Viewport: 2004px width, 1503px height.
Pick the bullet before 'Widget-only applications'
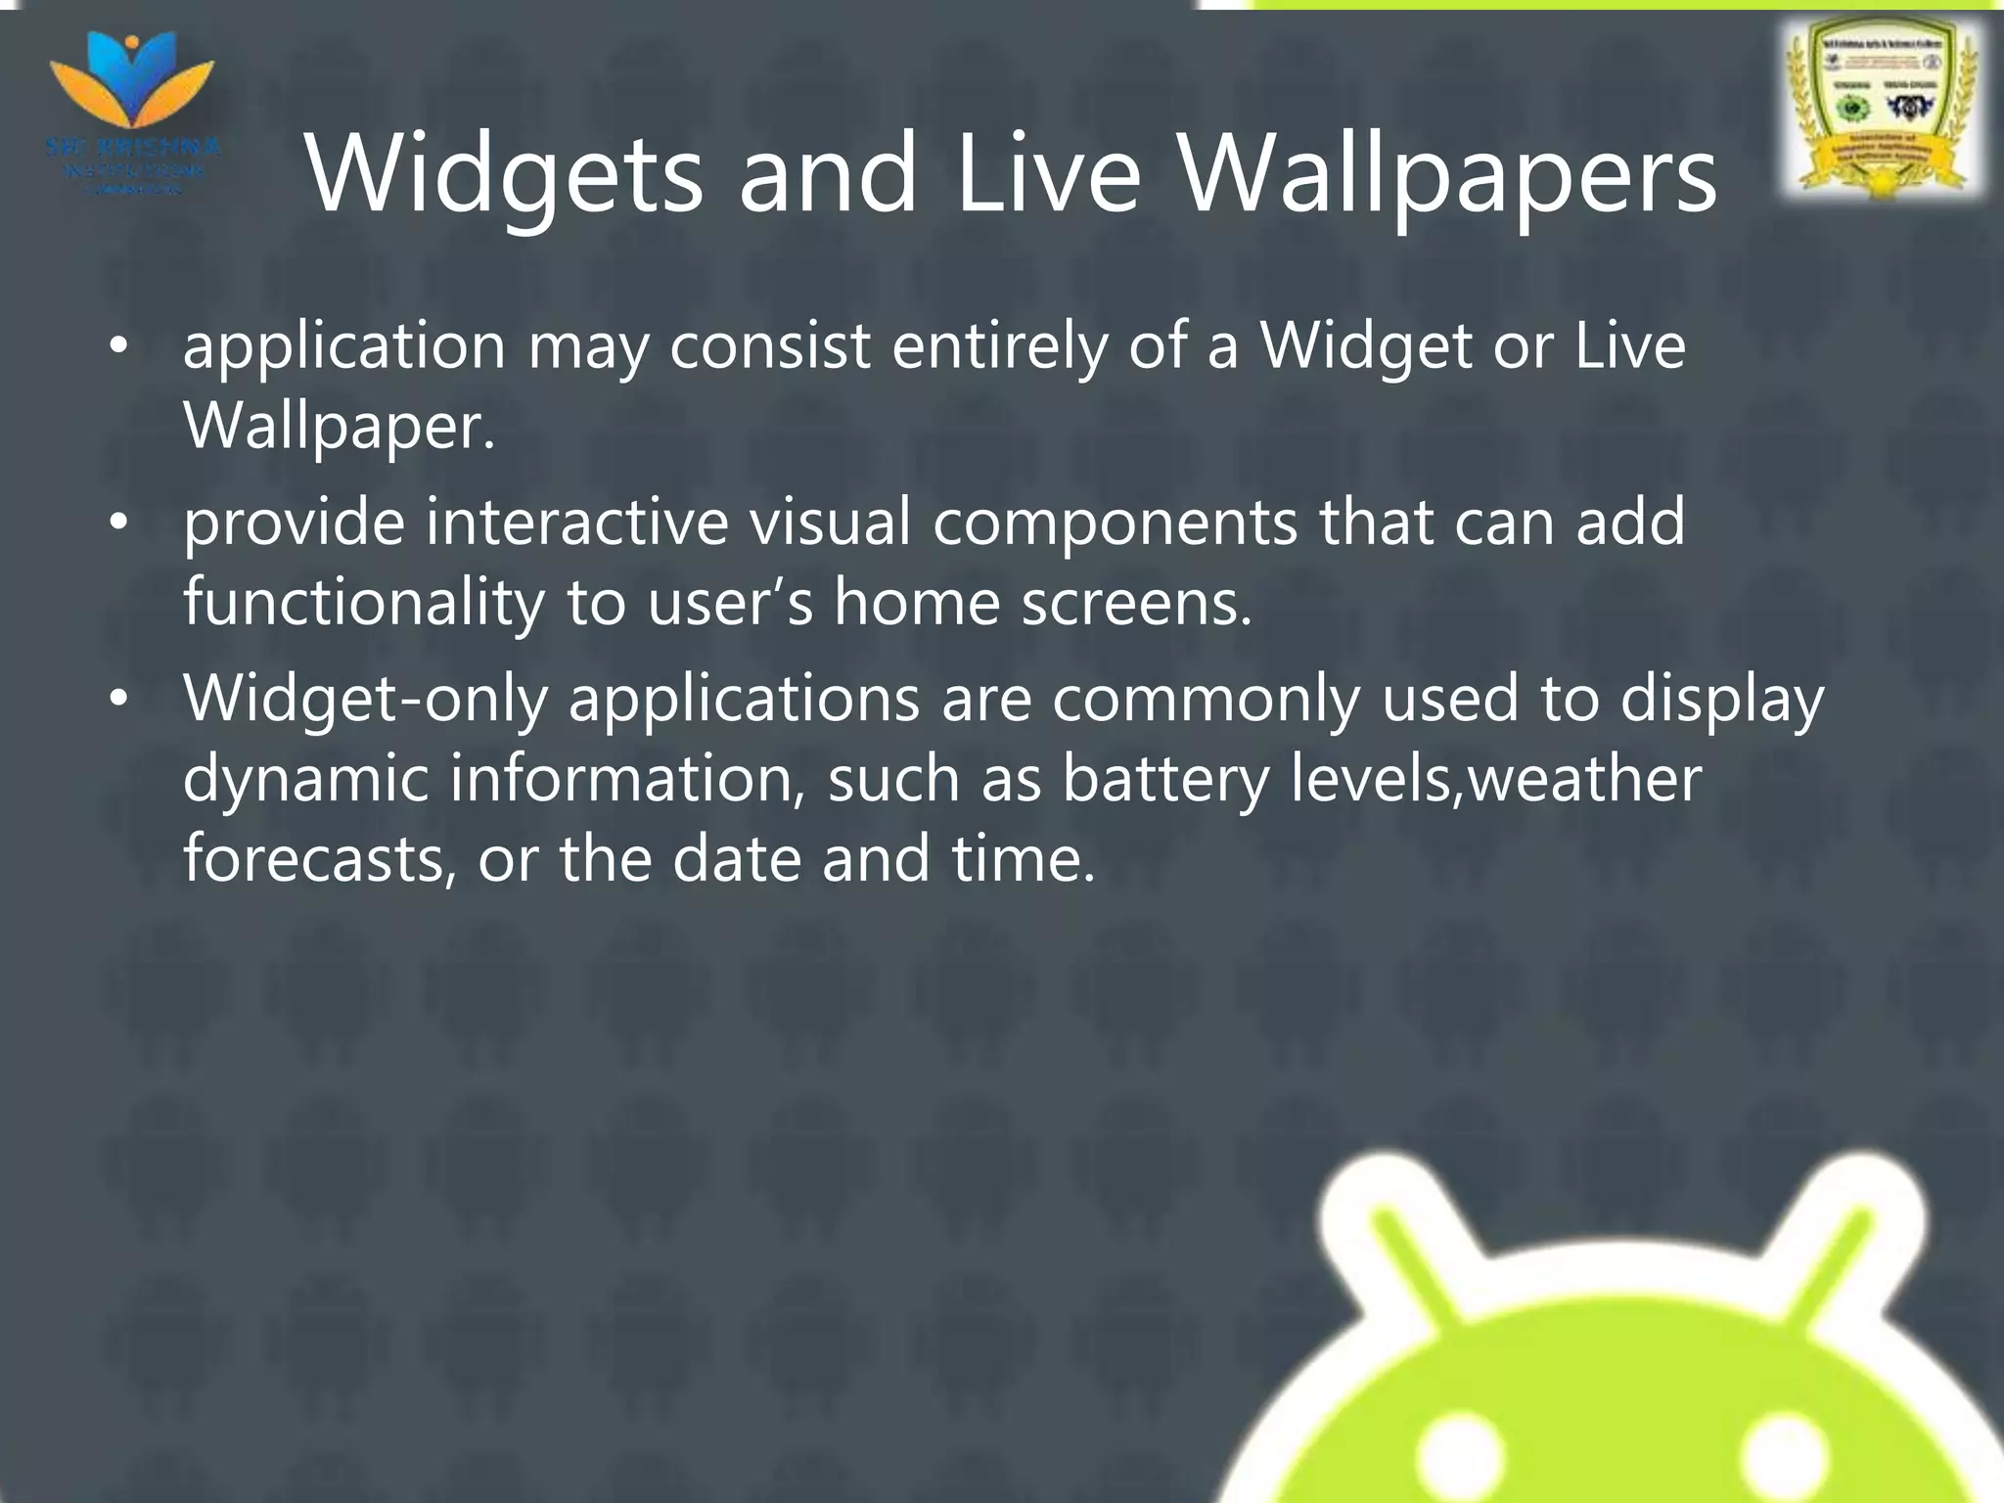(x=118, y=699)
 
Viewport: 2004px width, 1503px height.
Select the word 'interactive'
(x=576, y=523)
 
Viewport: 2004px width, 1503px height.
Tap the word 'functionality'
(x=363, y=603)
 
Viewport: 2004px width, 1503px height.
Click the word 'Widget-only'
(x=365, y=699)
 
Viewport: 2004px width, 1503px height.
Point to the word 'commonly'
(x=1206, y=699)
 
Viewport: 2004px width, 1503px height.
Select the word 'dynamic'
(x=305, y=779)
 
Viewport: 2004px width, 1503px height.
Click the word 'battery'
(x=1164, y=779)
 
